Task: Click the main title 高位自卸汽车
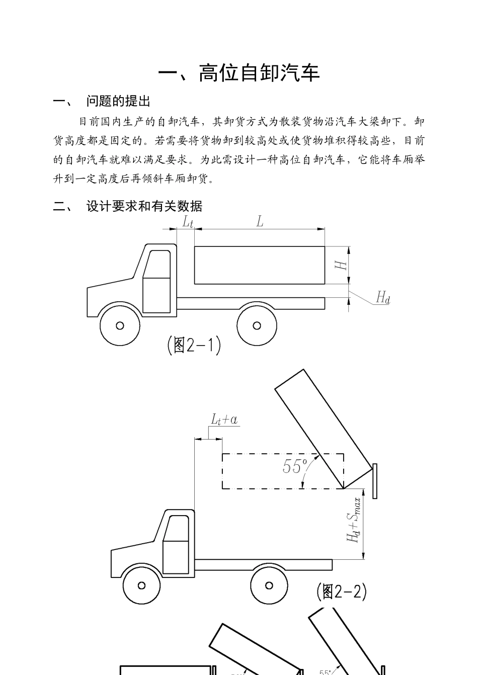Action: (x=239, y=73)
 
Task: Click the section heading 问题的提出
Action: (x=118, y=101)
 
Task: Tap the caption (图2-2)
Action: (x=342, y=592)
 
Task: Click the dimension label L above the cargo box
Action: (x=260, y=221)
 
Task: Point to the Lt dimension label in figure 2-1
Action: (x=187, y=222)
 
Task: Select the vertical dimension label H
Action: (x=342, y=264)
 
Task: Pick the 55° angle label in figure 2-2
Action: (x=295, y=466)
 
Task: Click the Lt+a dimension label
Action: (x=224, y=419)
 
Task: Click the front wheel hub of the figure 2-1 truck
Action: (x=120, y=325)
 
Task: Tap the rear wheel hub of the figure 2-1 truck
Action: (x=257, y=325)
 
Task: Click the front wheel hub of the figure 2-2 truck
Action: (x=141, y=585)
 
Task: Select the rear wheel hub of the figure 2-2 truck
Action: (x=269, y=585)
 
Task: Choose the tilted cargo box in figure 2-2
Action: (x=325, y=428)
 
